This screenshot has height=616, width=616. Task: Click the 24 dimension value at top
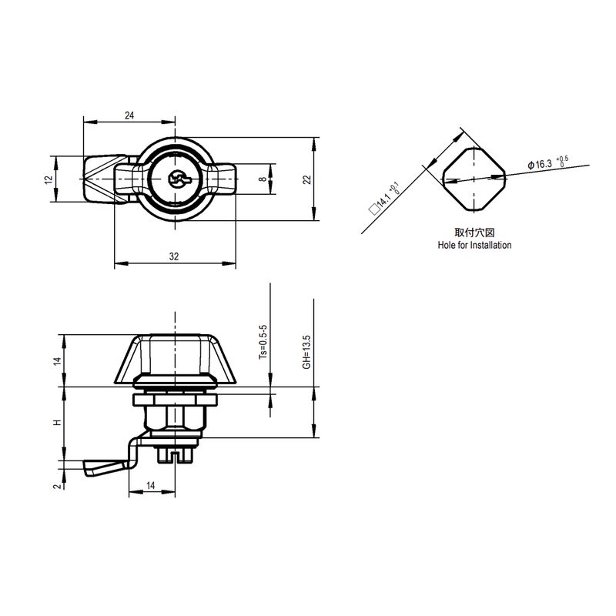(129, 115)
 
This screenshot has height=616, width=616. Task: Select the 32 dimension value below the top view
(174, 256)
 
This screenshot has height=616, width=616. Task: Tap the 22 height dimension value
(307, 179)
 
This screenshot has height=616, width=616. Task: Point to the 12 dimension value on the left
(49, 180)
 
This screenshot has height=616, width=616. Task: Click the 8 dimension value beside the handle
(263, 179)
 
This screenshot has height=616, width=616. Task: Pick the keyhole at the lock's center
(178, 179)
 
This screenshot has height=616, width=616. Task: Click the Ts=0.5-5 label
(263, 342)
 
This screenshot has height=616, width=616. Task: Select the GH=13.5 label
(306, 352)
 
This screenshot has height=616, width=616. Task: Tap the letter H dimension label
(58, 423)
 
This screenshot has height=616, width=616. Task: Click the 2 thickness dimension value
(58, 486)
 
